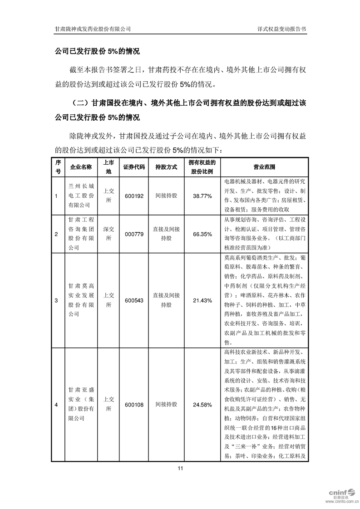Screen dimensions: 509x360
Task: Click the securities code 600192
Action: pos(133,196)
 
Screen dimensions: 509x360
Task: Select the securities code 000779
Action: pos(133,234)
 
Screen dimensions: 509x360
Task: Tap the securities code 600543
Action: pos(133,300)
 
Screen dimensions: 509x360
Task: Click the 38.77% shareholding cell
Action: pos(202,196)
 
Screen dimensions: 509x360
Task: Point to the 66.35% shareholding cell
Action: pos(202,234)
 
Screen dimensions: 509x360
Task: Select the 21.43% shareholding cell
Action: pos(202,300)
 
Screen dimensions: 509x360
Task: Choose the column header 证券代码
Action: pos(133,167)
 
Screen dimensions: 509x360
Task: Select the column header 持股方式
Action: pos(166,167)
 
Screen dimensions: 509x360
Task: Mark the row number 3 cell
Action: pos(56,300)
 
